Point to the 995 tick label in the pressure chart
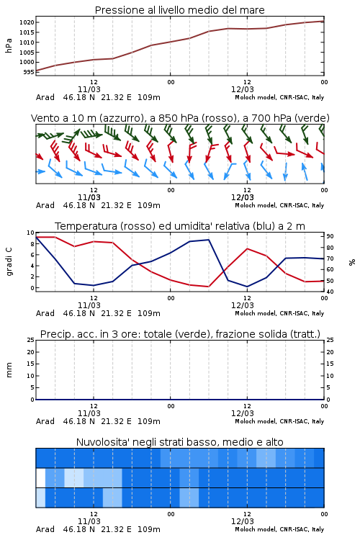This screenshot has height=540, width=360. coord(29,72)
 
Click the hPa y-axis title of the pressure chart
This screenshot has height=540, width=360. coord(9,45)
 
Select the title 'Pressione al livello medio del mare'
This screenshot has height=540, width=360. coord(180,10)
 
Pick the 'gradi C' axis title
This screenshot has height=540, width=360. coord(9,261)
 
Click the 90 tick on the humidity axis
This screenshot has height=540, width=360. coord(330,236)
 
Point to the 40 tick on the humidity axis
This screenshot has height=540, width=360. coord(330,292)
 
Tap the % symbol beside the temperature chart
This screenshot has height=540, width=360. coord(352,262)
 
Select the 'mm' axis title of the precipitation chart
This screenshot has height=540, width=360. coord(9,370)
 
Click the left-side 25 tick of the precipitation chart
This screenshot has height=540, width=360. coord(31,340)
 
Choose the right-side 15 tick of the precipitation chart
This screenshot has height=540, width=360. coord(330,364)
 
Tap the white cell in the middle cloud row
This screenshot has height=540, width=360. coord(40,478)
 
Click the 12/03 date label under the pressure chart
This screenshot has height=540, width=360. coord(243,89)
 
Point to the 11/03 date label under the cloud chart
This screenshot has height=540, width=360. coord(89,521)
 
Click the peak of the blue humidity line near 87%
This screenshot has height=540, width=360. coord(208,240)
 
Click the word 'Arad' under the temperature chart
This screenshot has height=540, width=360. coord(45,313)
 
